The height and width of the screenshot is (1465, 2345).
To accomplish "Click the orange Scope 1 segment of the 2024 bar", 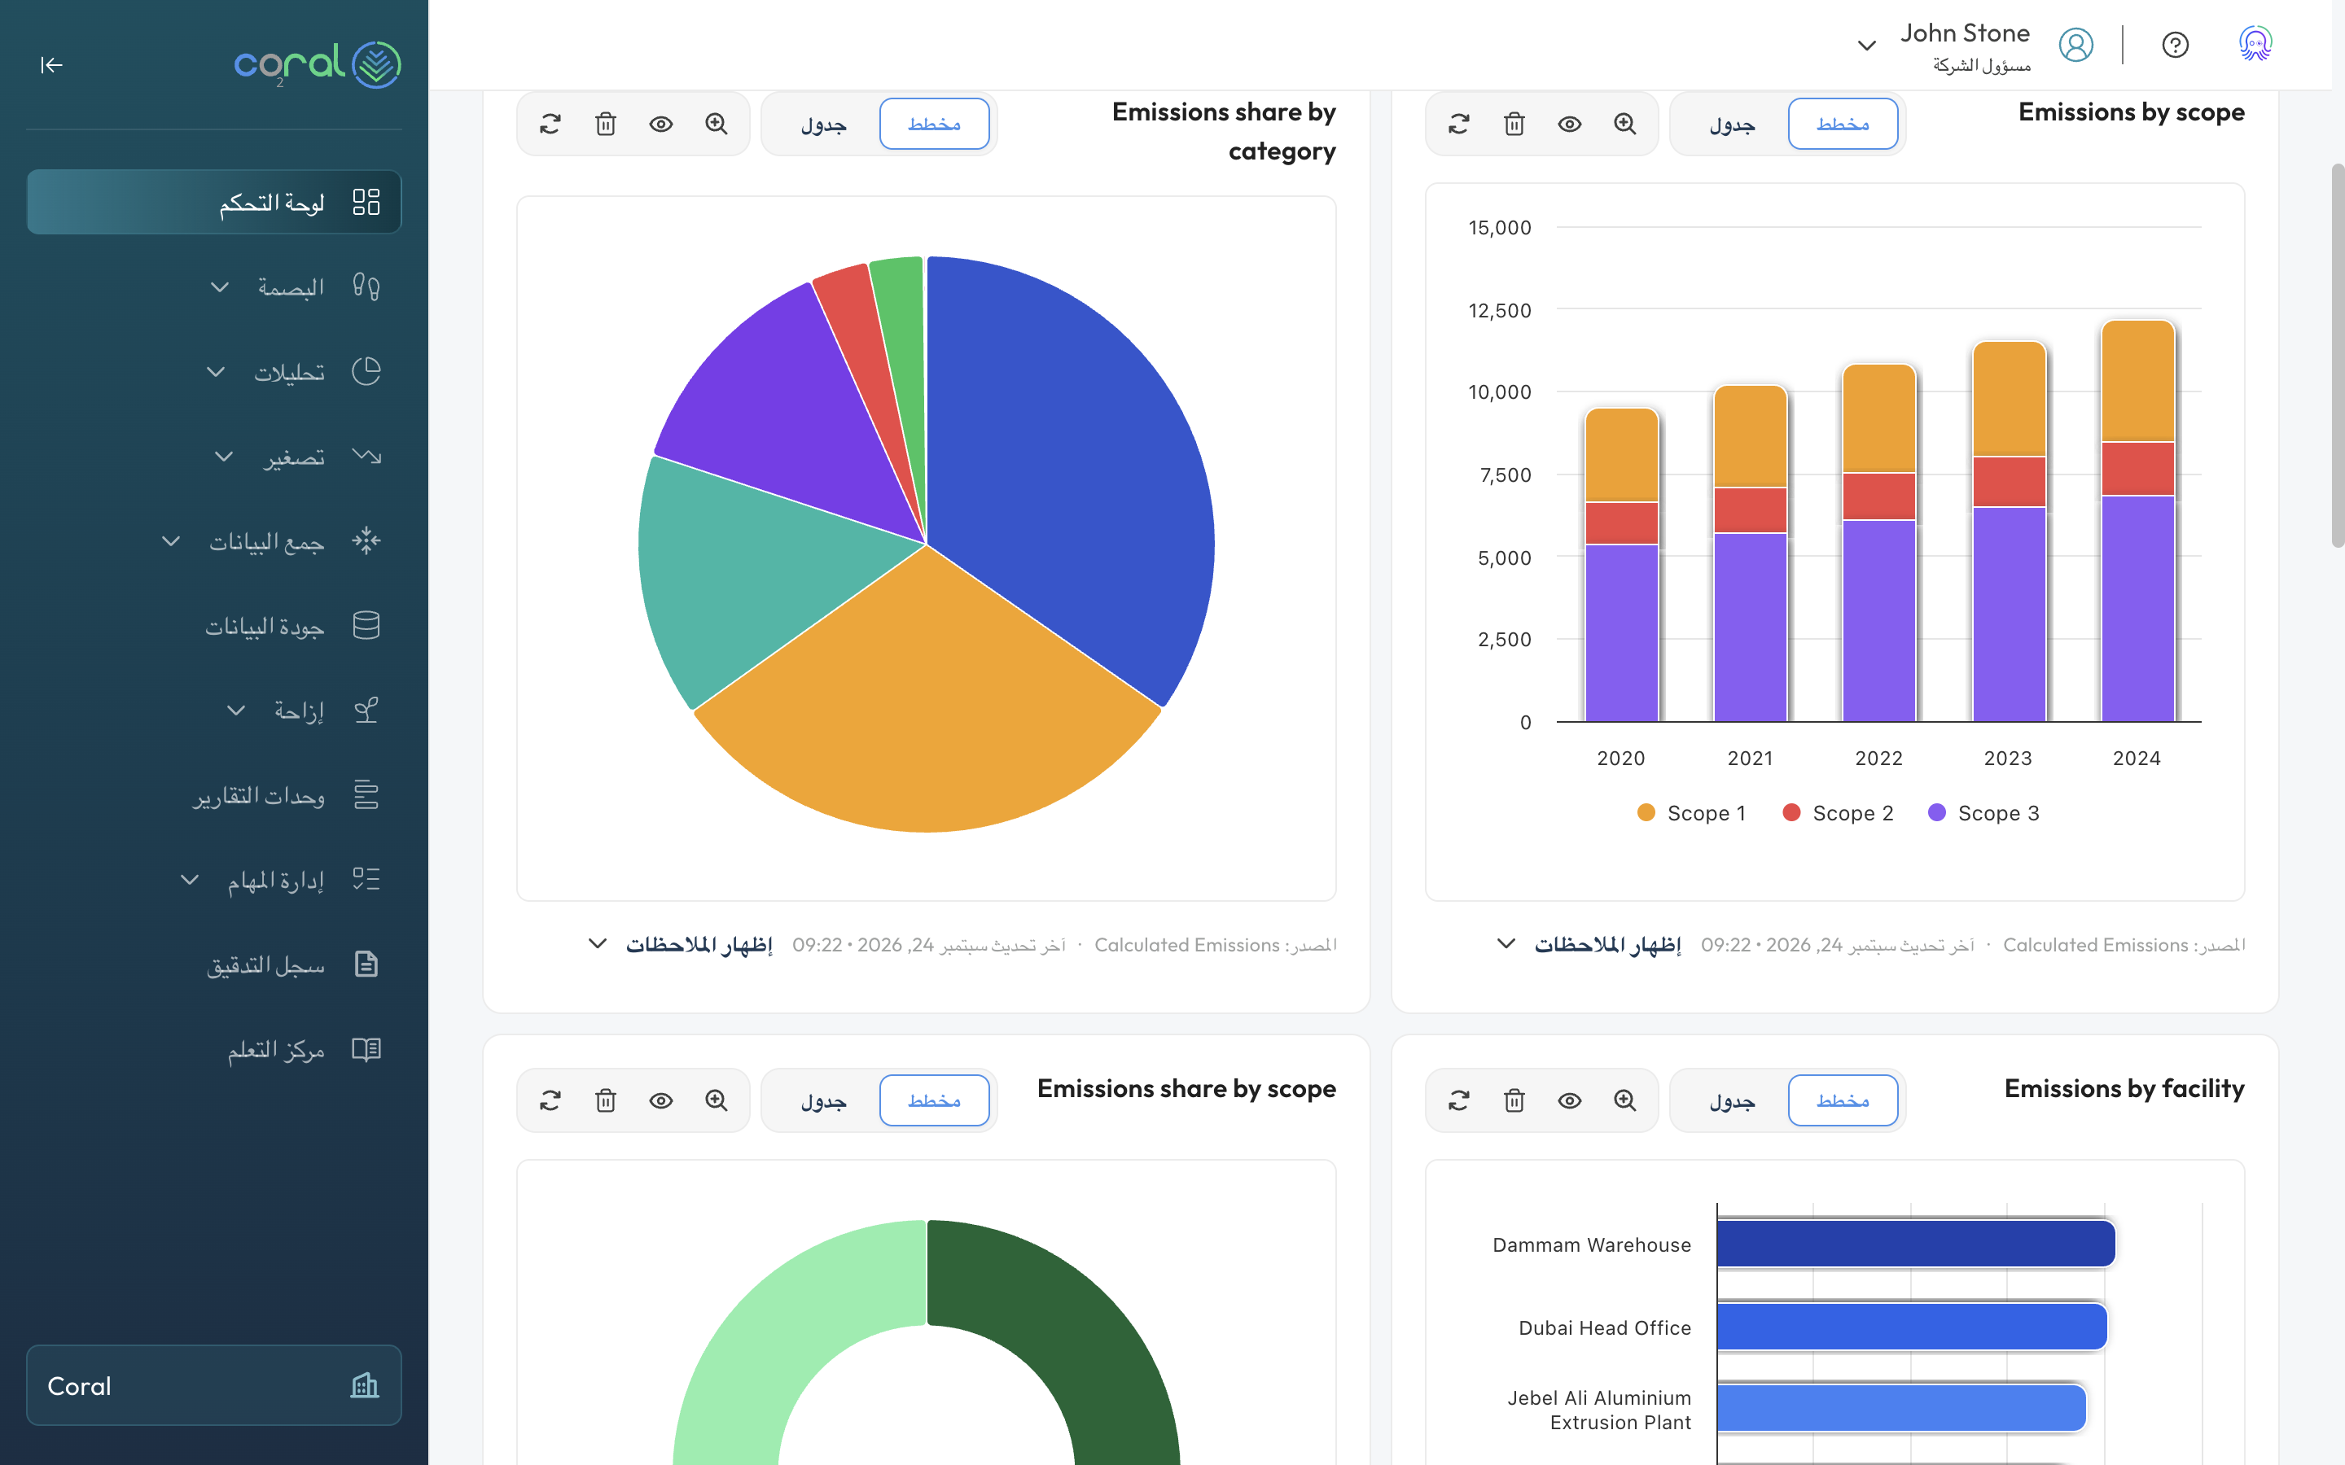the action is click(x=2137, y=381).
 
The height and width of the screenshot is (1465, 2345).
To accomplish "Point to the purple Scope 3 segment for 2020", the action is click(x=1621, y=632).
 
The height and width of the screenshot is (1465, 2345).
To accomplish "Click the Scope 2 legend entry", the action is click(x=1839, y=813).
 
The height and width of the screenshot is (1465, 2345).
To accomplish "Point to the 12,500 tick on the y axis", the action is click(x=1499, y=310).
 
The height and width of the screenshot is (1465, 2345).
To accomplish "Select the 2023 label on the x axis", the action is click(x=2007, y=758).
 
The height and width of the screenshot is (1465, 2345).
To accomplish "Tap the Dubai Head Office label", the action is click(x=1604, y=1327).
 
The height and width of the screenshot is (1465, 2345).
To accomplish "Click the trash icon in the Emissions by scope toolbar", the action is click(x=1514, y=124).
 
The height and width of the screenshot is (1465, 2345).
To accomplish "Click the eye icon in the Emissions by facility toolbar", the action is click(x=1569, y=1100).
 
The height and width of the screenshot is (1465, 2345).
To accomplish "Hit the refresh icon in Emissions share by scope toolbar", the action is click(x=550, y=1100).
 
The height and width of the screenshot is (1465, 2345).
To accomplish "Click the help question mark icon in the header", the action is click(x=2175, y=46).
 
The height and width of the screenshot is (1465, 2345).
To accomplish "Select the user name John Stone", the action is click(x=1964, y=33).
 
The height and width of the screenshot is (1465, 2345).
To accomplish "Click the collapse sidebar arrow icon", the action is click(x=51, y=65).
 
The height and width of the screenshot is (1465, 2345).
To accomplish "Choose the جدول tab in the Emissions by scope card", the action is click(x=1732, y=124).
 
